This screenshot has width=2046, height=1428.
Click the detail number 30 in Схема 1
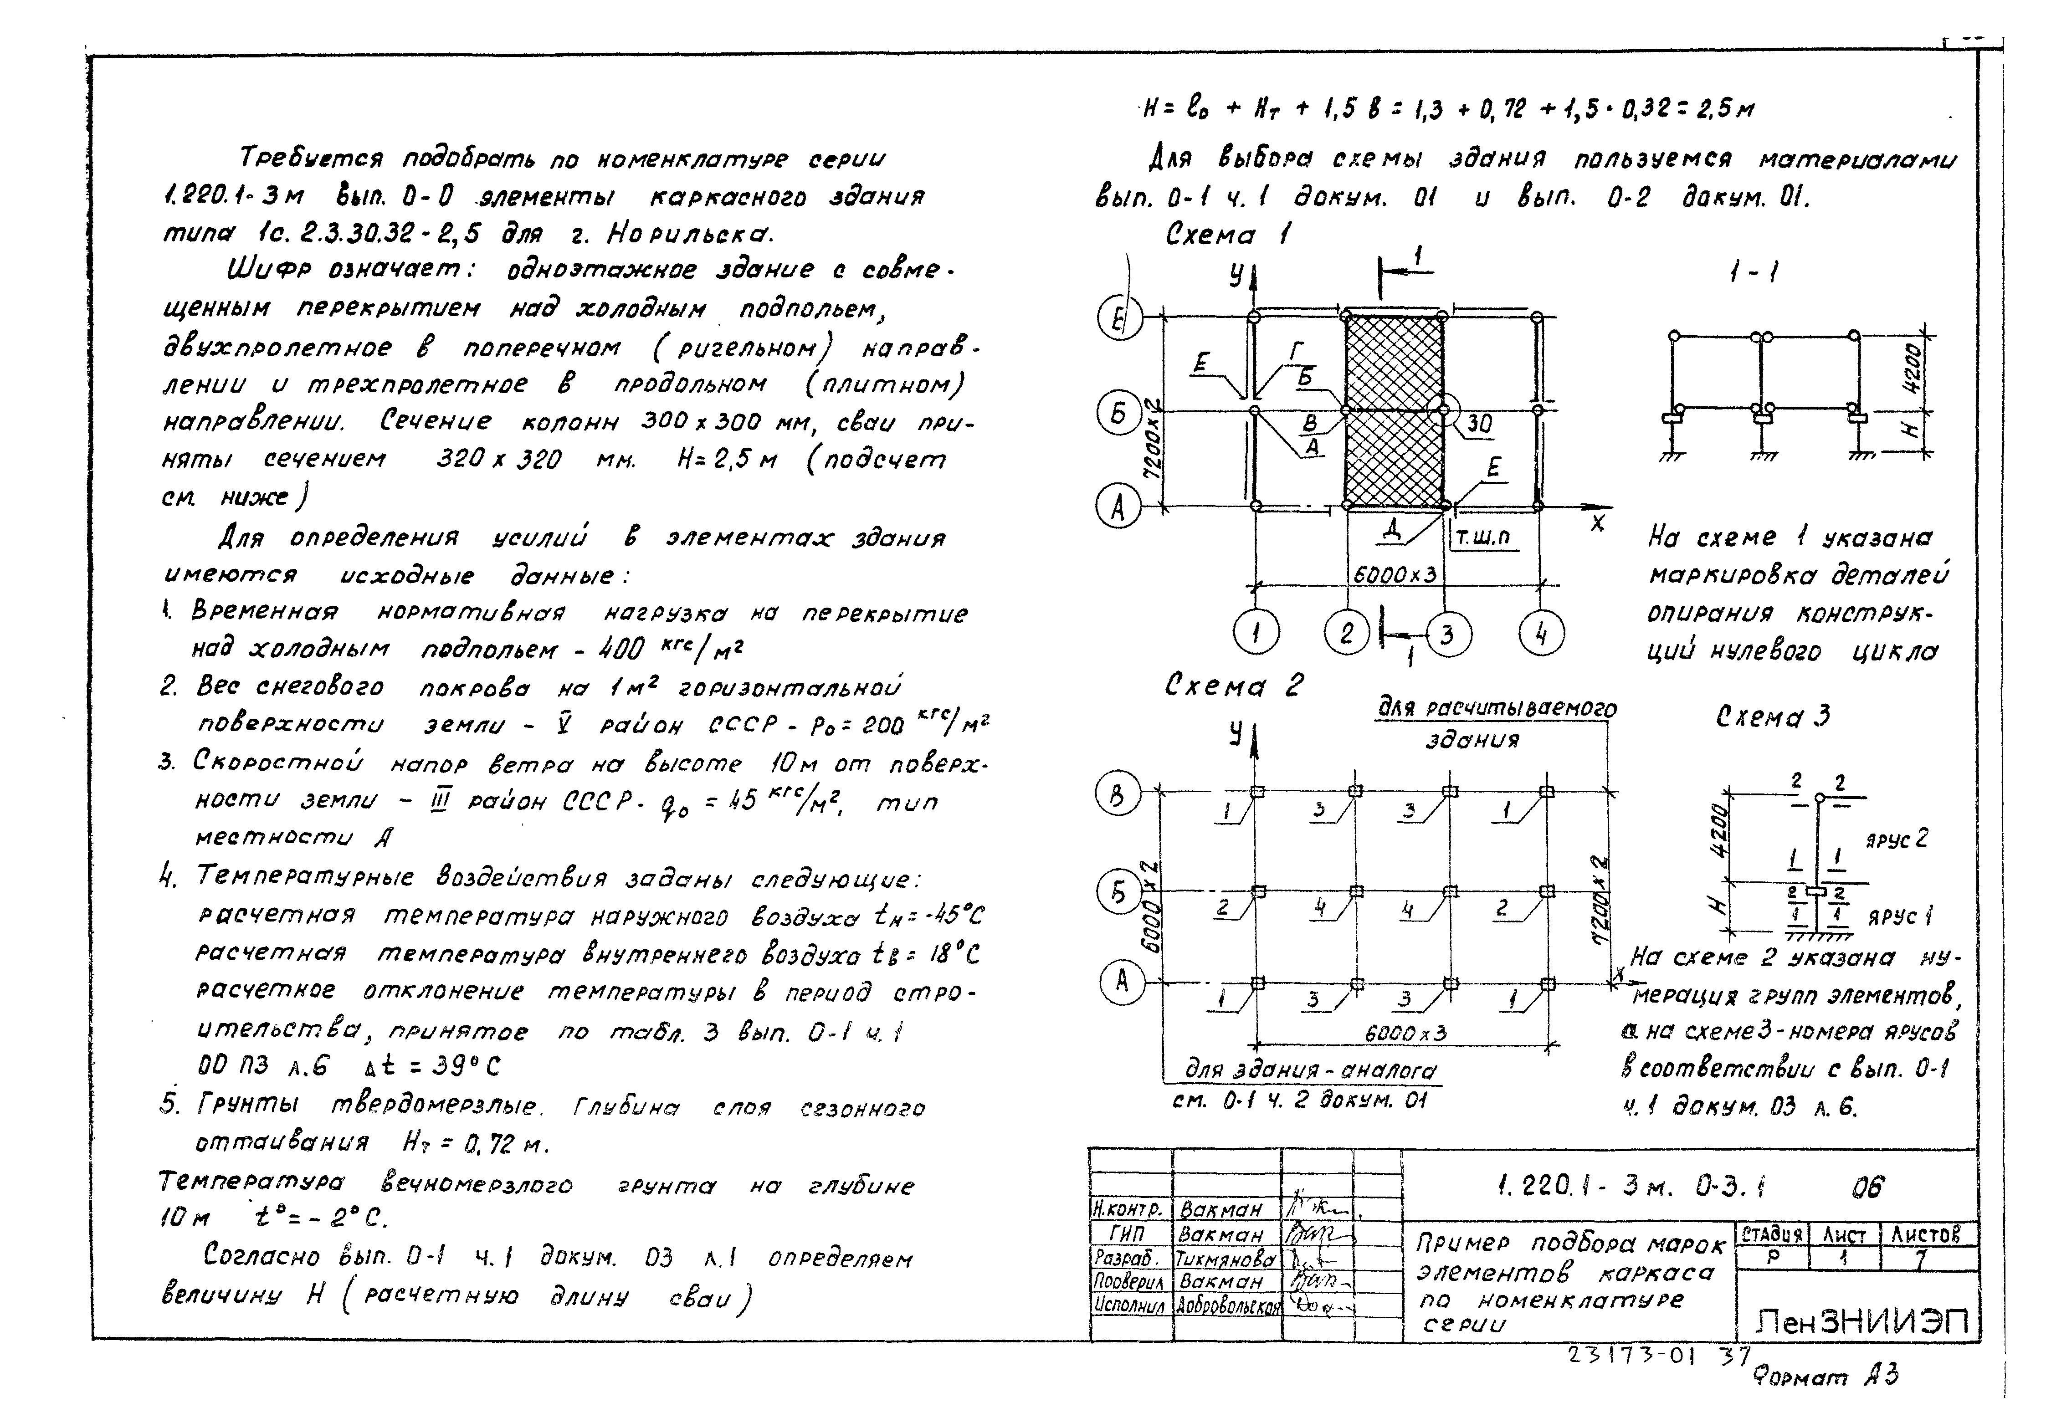[x=1479, y=424]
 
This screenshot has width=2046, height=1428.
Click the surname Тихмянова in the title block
[x=1226, y=1259]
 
